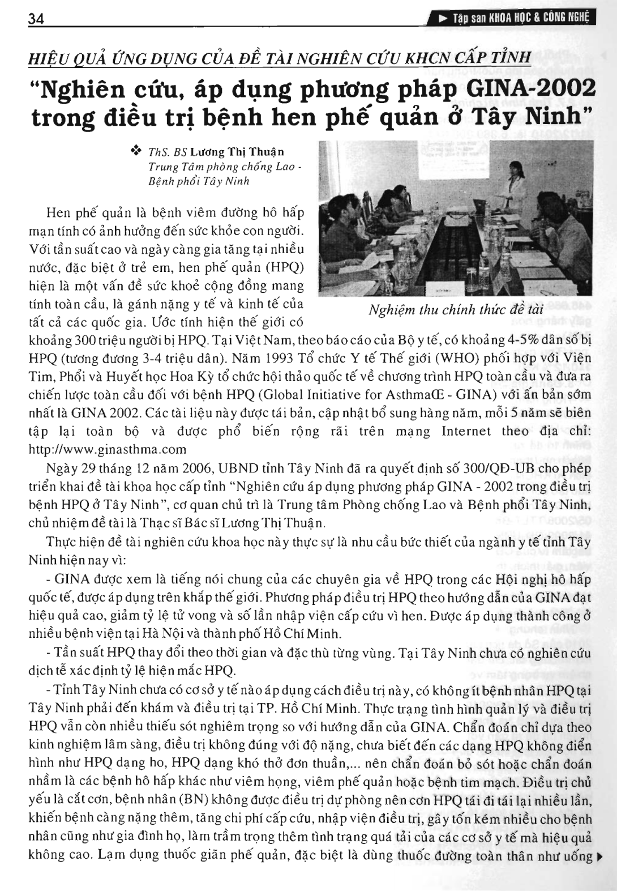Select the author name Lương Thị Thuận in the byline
[237, 152]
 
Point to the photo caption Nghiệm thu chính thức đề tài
[456, 310]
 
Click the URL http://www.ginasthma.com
[107, 449]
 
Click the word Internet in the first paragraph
[466, 431]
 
